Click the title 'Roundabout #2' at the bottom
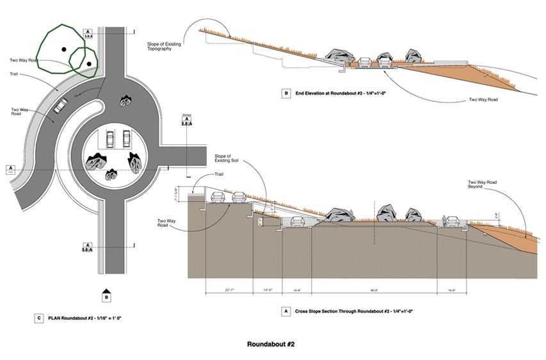point(270,344)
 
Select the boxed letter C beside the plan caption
point(39,316)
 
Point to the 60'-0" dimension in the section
point(373,290)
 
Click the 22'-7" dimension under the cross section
point(229,290)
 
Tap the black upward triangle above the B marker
point(106,288)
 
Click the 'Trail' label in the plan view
point(14,74)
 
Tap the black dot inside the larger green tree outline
point(63,49)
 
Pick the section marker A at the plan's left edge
point(10,169)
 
